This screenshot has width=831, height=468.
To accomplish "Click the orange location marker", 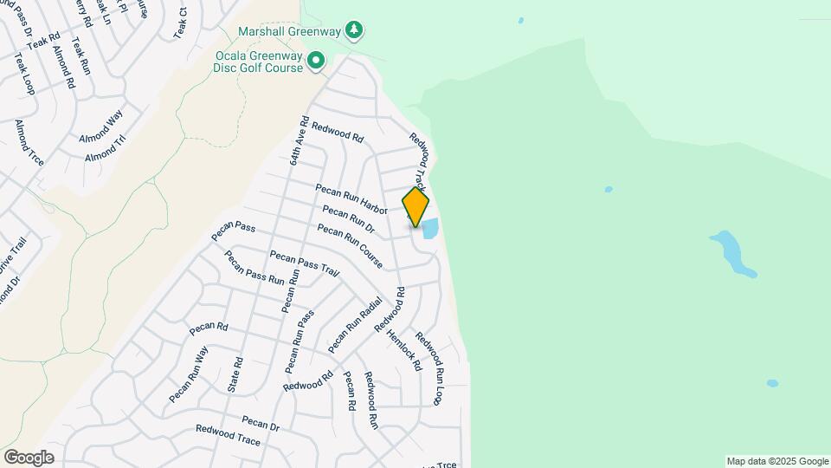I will tap(415, 206).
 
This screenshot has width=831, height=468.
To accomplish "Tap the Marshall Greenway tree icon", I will tap(353, 31).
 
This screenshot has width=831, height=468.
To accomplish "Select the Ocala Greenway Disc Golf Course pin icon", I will tap(316, 61).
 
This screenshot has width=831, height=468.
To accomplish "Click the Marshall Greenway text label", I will tap(291, 32).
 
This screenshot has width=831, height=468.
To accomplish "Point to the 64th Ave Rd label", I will tap(299, 140).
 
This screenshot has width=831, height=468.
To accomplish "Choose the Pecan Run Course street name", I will tap(350, 246).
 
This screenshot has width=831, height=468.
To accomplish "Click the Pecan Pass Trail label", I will tap(304, 263).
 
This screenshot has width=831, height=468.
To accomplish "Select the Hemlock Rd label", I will tap(404, 349).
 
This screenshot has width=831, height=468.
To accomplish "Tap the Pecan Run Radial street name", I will tap(355, 325).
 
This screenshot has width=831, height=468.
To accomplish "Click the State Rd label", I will tap(235, 375).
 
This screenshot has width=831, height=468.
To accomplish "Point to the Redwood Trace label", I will tap(228, 435).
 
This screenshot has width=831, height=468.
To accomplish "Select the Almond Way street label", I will tap(101, 127).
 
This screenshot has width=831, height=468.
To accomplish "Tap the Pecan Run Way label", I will tap(189, 374).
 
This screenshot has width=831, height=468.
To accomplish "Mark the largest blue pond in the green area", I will tap(732, 252).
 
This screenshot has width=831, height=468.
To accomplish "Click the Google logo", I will tap(29, 458).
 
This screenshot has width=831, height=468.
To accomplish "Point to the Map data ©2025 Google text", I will tap(777, 461).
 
